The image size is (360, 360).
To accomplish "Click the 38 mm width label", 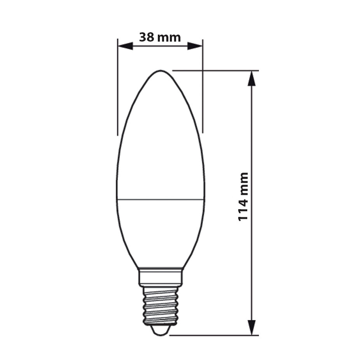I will (160, 37).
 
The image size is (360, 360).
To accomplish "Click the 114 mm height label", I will (243, 196).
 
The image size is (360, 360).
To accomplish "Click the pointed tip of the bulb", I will (160, 71).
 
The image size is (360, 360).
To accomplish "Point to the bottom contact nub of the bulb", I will (160, 330).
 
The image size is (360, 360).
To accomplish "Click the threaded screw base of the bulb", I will (160, 305).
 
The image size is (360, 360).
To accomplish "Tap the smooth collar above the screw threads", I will (160, 277).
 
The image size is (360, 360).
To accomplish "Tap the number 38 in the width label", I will (147, 37).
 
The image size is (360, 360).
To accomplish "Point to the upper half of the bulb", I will (160, 140).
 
